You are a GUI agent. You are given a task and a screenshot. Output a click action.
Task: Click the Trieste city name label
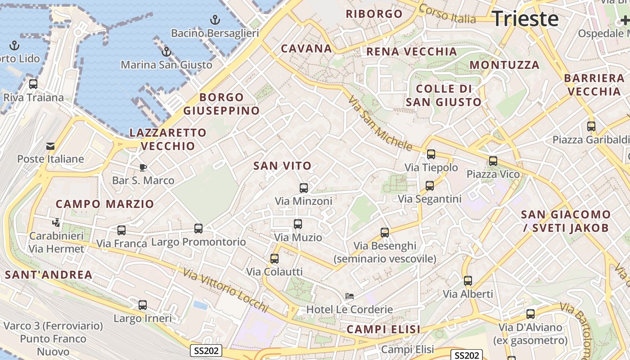[525, 19]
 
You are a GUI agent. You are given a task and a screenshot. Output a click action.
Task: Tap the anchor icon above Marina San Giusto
[166, 52]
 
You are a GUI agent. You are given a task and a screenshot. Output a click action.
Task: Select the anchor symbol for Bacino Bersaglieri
[215, 20]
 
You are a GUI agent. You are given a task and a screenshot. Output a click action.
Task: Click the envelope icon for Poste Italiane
[50, 146]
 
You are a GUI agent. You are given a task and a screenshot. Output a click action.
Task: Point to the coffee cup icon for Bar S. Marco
[143, 167]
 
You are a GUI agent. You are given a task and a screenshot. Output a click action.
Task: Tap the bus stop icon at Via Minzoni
[304, 188]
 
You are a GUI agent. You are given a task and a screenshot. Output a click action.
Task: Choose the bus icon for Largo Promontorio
[198, 229]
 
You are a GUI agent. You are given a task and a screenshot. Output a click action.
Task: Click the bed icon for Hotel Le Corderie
[349, 296]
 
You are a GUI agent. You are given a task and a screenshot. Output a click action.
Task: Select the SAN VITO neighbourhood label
[282, 166]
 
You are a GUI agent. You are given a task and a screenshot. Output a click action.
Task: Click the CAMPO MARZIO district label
[105, 204]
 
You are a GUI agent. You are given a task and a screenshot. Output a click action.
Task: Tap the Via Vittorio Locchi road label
[225, 290]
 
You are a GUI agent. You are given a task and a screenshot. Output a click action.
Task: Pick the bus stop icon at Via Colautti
[274, 259]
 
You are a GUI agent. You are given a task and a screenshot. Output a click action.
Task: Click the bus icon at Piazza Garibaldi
[591, 126]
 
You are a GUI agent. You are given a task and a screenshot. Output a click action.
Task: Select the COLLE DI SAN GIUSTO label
[444, 95]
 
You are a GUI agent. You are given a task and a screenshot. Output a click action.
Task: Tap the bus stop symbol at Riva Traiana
[33, 84]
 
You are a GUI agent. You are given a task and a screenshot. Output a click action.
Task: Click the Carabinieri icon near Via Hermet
[56, 222]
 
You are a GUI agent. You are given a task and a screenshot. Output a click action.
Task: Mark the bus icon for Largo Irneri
[143, 305]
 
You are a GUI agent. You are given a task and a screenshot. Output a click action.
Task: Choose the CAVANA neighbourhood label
[306, 49]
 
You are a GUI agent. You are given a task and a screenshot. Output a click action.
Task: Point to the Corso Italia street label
[447, 14]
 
